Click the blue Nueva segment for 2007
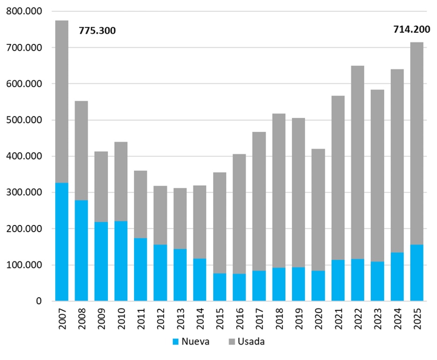[62, 242]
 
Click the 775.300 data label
[97, 31]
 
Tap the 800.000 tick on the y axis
[23, 11]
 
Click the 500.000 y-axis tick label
[23, 120]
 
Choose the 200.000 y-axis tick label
[23, 229]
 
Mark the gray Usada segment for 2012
[160, 215]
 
